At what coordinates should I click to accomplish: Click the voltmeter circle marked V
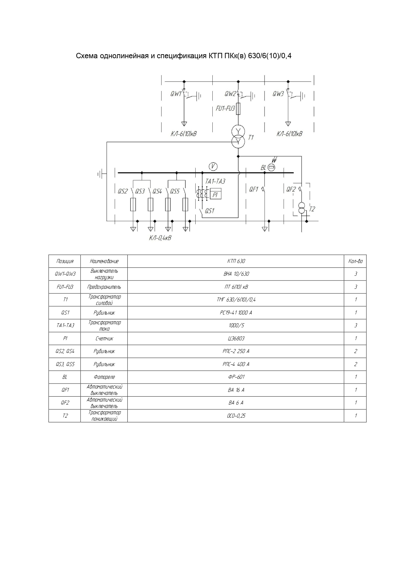point(213,166)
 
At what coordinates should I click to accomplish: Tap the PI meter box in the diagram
point(215,194)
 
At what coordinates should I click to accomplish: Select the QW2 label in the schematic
point(230,94)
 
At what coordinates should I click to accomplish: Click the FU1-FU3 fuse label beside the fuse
point(225,108)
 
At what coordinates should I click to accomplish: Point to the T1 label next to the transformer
point(251,138)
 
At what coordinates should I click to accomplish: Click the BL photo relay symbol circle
point(272,167)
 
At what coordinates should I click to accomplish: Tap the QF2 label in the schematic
point(291,189)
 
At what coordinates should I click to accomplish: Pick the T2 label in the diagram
point(312,209)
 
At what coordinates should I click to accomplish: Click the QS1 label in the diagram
point(209,211)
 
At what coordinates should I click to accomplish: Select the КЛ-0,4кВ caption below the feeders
point(160,238)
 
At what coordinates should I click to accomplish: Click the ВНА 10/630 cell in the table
point(236,274)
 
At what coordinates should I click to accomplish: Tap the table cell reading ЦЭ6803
point(236,338)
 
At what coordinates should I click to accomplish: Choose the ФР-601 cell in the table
point(236,377)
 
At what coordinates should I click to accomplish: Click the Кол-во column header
point(355,261)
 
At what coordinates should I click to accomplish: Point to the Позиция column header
point(65,261)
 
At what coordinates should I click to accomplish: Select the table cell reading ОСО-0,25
point(236,416)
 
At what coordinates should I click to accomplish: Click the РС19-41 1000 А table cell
point(236,313)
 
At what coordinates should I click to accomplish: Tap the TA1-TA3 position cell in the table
point(65,325)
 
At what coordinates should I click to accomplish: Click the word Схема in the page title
point(87,56)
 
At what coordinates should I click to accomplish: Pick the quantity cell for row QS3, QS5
point(355,364)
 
